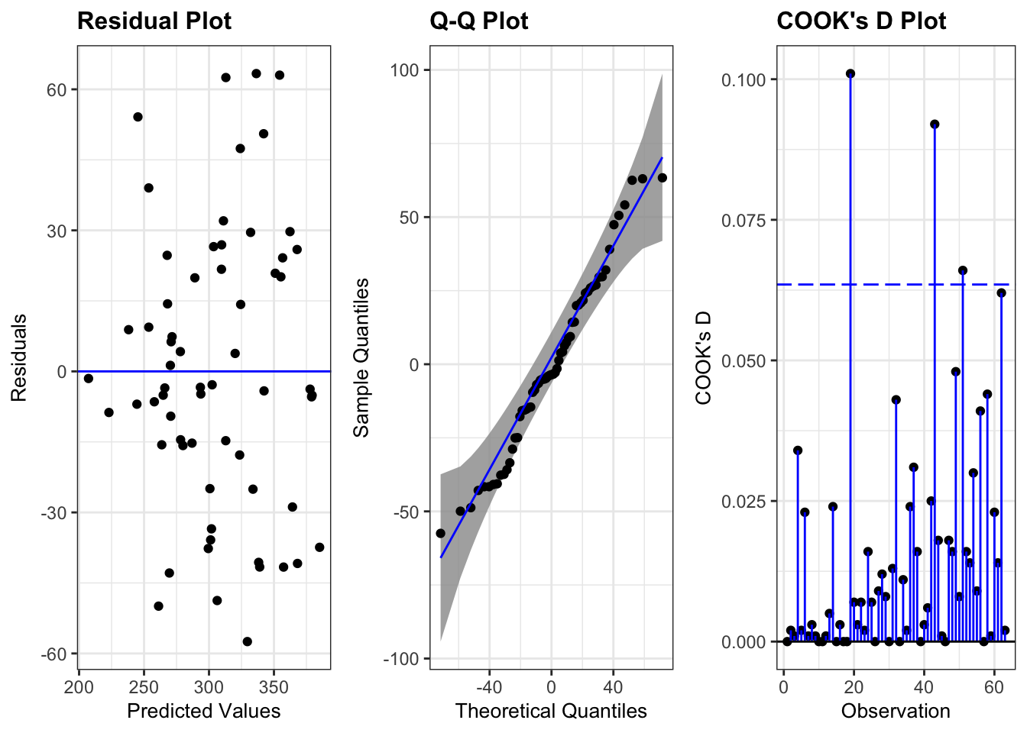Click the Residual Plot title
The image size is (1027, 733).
tap(154, 21)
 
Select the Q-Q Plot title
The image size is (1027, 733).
tap(479, 21)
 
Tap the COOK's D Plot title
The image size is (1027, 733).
tap(861, 21)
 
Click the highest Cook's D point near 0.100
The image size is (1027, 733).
tap(850, 74)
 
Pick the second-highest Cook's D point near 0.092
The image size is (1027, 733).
tap(935, 124)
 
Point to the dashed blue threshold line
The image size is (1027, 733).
tap(879, 285)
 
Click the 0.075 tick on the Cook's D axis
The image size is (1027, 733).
tap(745, 221)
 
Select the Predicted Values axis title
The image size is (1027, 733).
tap(203, 712)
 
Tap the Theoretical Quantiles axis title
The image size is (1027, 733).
tap(551, 712)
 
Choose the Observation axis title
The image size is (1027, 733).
tap(896, 712)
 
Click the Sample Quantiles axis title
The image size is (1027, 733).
tap(361, 357)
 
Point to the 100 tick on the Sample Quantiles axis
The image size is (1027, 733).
tap(404, 70)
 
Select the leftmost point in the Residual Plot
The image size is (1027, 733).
tap(89, 379)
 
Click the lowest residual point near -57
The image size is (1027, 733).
tap(247, 641)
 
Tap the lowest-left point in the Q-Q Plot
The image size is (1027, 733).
tap(440, 534)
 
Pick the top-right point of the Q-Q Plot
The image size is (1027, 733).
tap(662, 178)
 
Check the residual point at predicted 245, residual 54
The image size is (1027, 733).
tap(138, 117)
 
